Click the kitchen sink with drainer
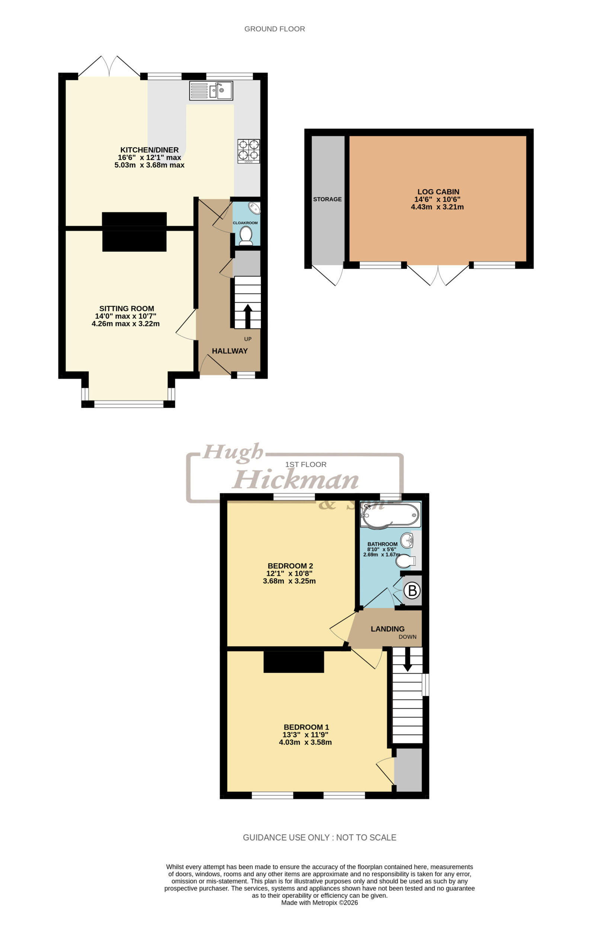tap(211, 90)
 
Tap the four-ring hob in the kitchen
tap(249, 151)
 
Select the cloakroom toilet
tap(246, 236)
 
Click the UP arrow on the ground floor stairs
tap(247, 316)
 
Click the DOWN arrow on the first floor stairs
tap(407, 659)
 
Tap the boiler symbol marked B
tap(412, 591)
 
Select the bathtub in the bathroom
tap(390, 515)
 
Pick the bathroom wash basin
tap(407, 540)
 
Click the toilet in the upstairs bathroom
tap(405, 562)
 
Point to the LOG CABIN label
tap(438, 192)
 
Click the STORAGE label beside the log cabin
tap(327, 199)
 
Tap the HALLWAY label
tap(230, 351)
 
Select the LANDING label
tap(388, 629)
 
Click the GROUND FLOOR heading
tap(275, 29)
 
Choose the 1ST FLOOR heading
tap(306, 464)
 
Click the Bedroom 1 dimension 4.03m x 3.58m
tap(305, 742)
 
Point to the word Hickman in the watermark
tap(295, 479)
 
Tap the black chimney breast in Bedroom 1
tap(294, 662)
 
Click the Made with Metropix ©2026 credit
tap(320, 903)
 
